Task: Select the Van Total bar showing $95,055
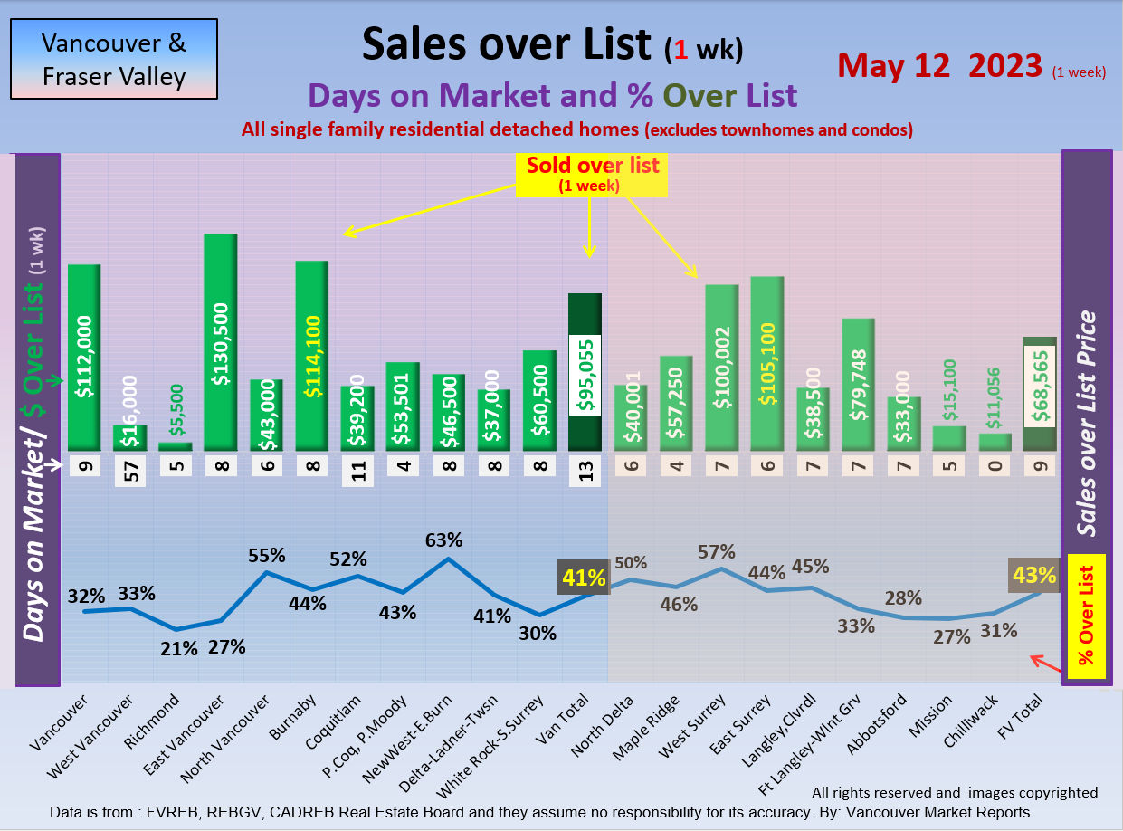585,372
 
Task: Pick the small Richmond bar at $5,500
176,445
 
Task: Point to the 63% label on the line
444,540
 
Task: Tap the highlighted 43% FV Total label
1034,575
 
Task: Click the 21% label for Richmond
179,648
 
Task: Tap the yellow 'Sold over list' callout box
592,174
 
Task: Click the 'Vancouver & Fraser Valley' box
114,59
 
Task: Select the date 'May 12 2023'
938,65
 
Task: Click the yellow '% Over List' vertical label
1087,616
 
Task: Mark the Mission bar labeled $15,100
948,438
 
